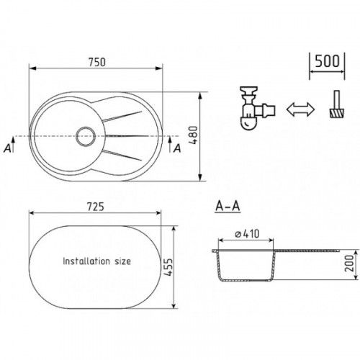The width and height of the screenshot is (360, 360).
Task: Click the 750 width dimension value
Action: pyautogui.click(x=97, y=62)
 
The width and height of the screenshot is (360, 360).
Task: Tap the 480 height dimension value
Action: pyautogui.click(x=193, y=135)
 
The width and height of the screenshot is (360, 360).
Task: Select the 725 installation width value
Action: pyautogui.click(x=96, y=207)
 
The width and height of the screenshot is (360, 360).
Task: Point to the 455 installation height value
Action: pyautogui.click(x=168, y=267)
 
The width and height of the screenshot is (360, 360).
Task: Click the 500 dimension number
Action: pyautogui.click(x=327, y=61)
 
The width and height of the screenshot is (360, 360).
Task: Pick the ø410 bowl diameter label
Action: pyautogui.click(x=247, y=233)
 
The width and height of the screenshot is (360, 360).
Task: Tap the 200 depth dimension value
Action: pyautogui.click(x=349, y=264)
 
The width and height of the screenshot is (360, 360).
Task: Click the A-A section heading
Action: pyautogui.click(x=228, y=206)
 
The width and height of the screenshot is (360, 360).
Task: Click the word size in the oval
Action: pyautogui.click(x=122, y=261)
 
